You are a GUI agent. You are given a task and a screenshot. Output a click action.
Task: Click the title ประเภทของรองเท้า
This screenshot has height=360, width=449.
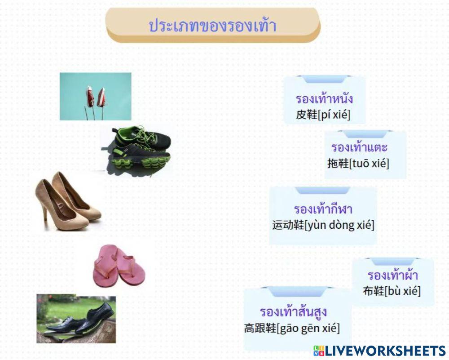coord(212,26)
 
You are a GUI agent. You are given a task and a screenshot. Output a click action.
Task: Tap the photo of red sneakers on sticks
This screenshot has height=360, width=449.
coord(96,96)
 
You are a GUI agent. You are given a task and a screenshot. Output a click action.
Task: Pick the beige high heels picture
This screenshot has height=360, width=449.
coord(69,201)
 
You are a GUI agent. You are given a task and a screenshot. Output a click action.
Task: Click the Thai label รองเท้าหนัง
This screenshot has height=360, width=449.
coord(324,99)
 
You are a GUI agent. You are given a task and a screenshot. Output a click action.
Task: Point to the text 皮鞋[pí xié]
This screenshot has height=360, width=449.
coord(323,115)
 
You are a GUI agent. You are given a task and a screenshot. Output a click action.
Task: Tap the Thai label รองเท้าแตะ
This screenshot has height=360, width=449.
coord(359,147)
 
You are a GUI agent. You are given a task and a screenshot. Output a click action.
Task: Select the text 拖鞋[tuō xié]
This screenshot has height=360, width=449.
coord(358,163)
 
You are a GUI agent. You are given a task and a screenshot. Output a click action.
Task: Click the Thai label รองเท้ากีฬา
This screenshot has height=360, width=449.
coord(323,209)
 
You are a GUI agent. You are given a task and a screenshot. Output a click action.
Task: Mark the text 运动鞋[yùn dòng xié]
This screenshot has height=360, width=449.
coord(323,225)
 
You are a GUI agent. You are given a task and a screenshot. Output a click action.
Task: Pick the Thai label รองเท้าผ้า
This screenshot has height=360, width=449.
coord(392,275)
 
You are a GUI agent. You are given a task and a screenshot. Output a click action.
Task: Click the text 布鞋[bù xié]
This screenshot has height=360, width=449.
coord(392,291)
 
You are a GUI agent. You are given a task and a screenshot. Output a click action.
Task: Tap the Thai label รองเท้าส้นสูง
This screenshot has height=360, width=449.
coord(293,312)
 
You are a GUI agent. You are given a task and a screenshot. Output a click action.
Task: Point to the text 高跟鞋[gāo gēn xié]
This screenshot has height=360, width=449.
coord(292,328)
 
